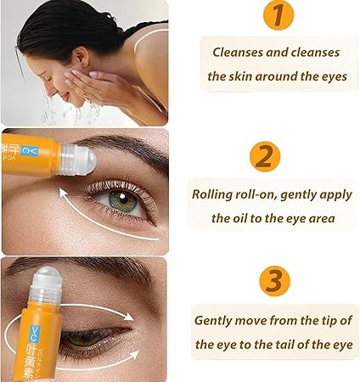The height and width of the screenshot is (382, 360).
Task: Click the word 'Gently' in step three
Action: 217,320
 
